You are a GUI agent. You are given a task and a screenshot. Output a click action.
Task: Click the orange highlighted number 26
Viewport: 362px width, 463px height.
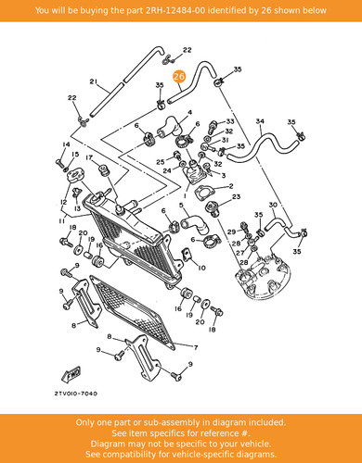[179, 77]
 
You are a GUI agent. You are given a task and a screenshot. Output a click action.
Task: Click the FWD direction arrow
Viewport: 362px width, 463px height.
[71, 375]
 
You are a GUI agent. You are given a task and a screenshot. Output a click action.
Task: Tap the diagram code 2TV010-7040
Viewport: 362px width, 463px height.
[76, 394]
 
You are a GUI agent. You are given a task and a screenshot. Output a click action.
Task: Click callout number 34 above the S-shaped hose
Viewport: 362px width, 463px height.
[260, 121]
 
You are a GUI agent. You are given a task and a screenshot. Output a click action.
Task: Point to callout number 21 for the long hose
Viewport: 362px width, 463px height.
[94, 81]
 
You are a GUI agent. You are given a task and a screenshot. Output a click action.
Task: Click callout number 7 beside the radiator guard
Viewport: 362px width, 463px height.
[196, 348]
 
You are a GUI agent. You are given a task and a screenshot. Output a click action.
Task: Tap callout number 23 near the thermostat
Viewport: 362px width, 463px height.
[236, 196]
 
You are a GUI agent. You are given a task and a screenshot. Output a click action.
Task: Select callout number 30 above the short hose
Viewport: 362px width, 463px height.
[273, 205]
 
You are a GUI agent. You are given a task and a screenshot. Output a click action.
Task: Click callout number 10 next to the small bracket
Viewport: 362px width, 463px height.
[201, 268]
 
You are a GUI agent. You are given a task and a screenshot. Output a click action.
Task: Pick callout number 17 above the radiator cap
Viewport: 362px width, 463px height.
[89, 157]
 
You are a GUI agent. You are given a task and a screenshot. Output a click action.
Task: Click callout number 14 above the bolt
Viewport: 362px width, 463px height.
[66, 144]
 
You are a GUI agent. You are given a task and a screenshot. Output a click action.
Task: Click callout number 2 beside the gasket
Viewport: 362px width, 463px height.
[231, 186]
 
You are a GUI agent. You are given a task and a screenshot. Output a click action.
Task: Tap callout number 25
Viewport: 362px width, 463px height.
[160, 162]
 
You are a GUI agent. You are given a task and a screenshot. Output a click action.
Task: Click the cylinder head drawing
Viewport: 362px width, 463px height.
[263, 276]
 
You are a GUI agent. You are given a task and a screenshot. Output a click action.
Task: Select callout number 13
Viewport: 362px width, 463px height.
[77, 208]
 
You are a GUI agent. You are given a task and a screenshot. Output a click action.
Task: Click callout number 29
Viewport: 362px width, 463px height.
[232, 231]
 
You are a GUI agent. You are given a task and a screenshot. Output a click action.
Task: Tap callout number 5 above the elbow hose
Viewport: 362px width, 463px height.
[181, 205]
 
